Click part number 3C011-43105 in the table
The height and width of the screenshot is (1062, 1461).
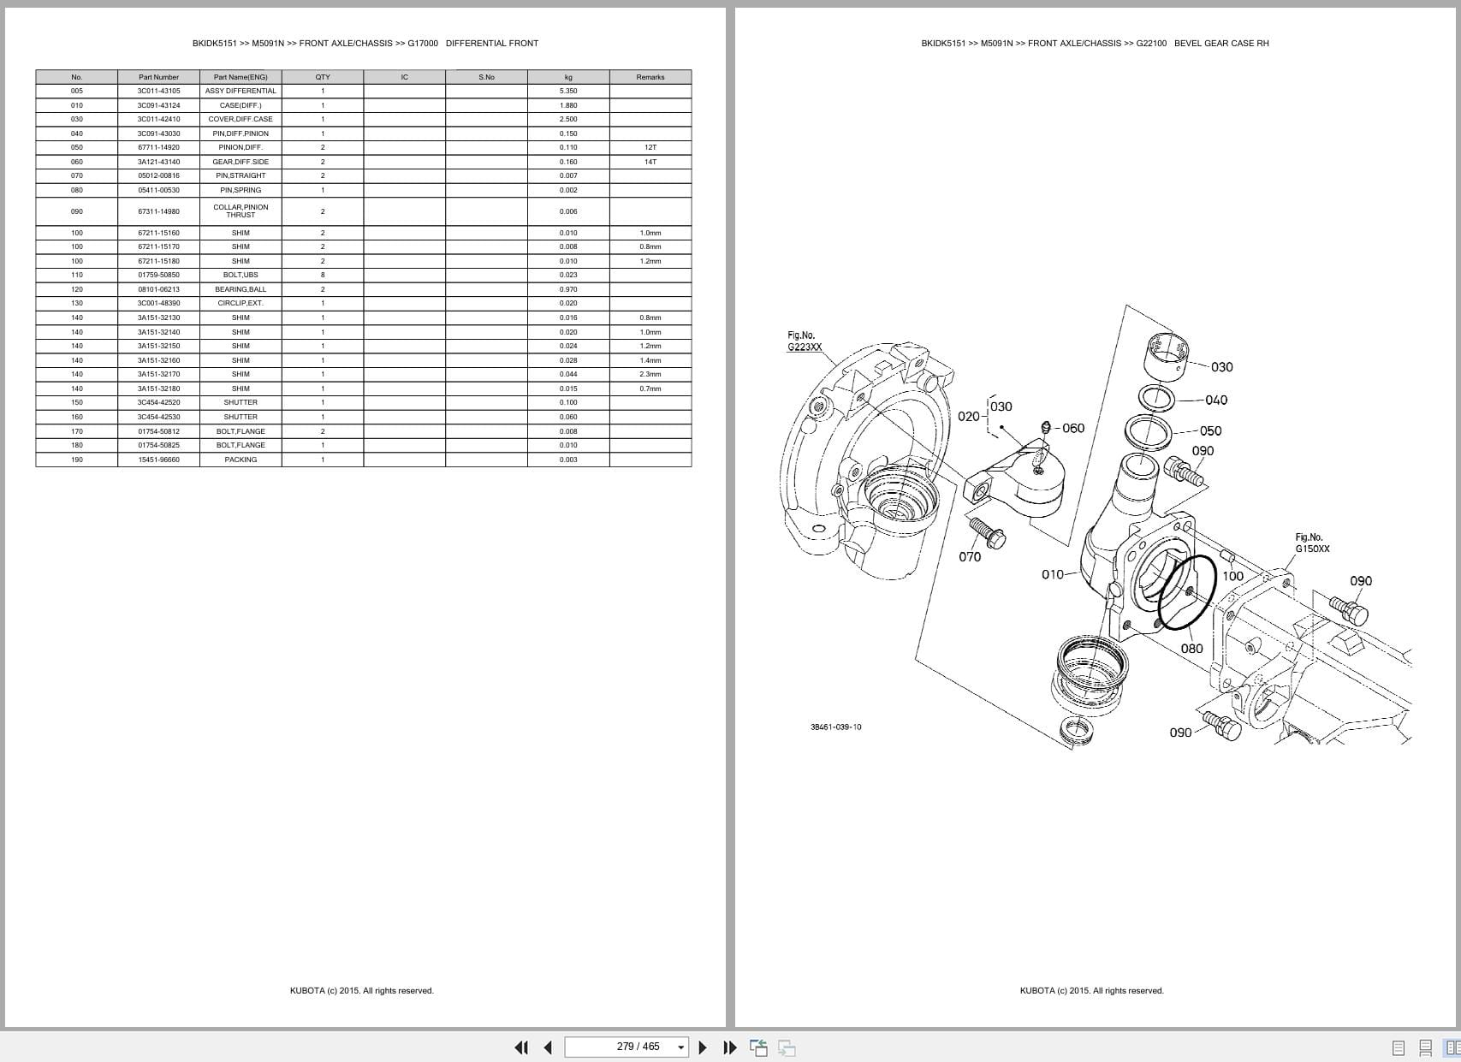pos(158,91)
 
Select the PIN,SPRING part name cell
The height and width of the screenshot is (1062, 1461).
pos(241,190)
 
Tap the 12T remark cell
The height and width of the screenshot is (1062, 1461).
pos(650,147)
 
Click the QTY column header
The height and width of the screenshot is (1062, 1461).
pos(323,77)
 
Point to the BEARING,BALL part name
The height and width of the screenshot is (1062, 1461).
pos(241,289)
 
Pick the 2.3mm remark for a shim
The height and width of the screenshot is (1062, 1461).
pos(650,374)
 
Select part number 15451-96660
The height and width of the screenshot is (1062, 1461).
pos(158,460)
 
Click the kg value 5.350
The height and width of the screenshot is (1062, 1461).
pos(568,91)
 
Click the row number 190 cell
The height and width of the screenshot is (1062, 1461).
pos(77,460)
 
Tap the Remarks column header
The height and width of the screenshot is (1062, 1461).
pos(650,77)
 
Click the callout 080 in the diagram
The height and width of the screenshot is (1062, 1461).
pos(1191,649)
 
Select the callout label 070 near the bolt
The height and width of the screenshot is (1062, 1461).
pos(969,557)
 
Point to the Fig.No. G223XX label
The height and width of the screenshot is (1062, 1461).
pos(804,341)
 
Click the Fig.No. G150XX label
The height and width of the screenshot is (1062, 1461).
pos(1311,543)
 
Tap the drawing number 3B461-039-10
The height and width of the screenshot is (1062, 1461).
pos(835,727)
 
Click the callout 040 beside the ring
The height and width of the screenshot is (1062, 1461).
pos(1215,400)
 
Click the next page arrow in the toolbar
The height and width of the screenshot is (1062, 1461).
pos(703,1047)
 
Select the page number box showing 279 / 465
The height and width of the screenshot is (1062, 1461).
pos(627,1047)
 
